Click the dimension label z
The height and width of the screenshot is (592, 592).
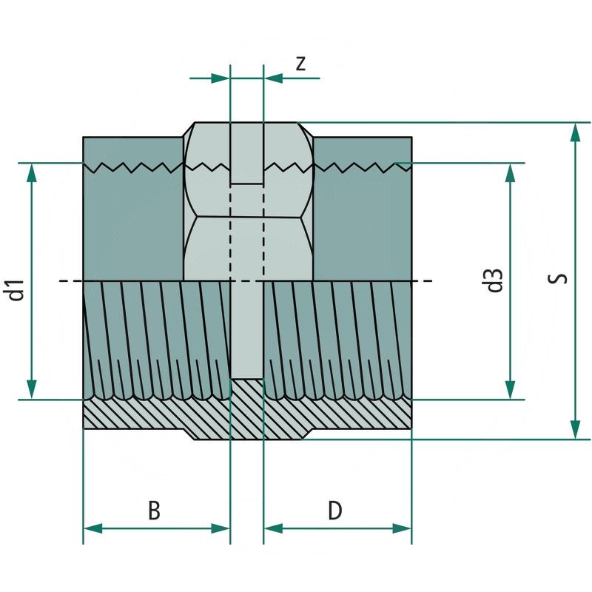[300, 64]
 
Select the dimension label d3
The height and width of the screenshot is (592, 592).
[495, 281]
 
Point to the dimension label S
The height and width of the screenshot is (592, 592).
[560, 279]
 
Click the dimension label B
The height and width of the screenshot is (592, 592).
[153, 511]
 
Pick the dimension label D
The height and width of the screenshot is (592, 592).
[335, 511]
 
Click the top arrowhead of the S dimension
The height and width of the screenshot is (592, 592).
[575, 132]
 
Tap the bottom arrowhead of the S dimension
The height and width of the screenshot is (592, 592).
[575, 429]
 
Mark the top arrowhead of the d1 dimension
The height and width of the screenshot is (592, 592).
[31, 172]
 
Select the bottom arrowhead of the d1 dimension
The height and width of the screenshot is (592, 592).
[31, 390]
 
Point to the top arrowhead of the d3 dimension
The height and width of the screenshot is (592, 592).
[510, 172]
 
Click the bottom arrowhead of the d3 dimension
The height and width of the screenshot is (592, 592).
[510, 390]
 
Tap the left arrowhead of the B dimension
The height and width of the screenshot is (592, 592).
[92, 528]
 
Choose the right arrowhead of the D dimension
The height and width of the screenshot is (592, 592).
[403, 528]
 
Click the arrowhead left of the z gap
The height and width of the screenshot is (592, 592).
[221, 78]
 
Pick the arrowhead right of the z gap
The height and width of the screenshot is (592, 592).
[273, 78]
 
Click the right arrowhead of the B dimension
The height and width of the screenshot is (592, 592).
[221, 528]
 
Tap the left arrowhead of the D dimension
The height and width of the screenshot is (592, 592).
[273, 528]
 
